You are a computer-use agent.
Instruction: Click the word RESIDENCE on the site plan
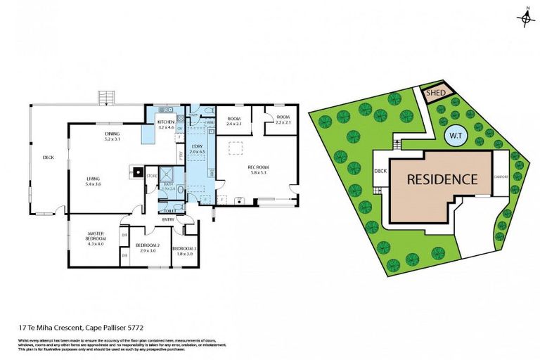tap(443, 179)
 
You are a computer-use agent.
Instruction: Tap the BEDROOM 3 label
tap(184, 249)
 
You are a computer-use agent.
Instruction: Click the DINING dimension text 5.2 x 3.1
tap(112, 139)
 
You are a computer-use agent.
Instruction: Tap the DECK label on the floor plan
tap(48, 157)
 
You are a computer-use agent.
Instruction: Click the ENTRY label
tap(169, 219)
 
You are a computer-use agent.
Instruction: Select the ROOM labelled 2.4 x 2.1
tap(233, 120)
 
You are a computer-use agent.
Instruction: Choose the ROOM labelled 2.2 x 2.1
tap(283, 120)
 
